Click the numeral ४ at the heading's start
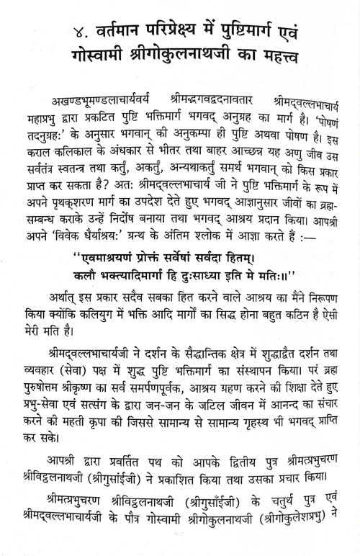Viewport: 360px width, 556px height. click(x=66, y=30)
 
